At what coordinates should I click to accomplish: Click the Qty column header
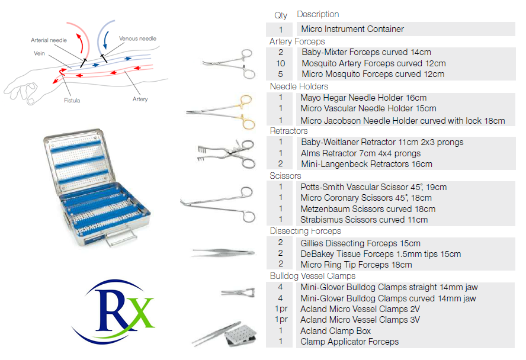click(280, 15)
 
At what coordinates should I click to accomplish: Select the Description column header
click(317, 14)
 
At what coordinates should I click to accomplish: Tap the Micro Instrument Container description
click(352, 29)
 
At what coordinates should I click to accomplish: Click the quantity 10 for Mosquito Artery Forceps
click(280, 63)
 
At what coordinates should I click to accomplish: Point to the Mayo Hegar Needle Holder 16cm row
click(363, 98)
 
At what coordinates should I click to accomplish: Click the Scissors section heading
click(286, 176)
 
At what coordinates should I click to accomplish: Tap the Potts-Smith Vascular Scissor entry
click(373, 187)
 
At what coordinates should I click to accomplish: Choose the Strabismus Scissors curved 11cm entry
click(364, 220)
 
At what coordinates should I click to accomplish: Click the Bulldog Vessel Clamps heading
click(312, 276)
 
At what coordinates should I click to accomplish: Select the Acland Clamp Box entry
click(335, 331)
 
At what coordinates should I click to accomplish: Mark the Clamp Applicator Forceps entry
click(349, 342)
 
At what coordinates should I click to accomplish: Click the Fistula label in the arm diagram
click(72, 101)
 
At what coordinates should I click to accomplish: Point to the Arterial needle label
click(49, 40)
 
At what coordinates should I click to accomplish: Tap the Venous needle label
click(137, 38)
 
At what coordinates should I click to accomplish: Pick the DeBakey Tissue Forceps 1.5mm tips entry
click(380, 254)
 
